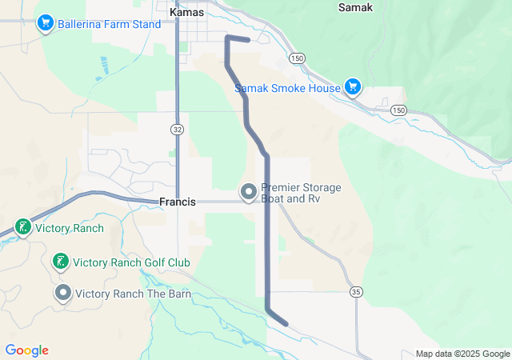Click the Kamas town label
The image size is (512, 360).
(x=187, y=13)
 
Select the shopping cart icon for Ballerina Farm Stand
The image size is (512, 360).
(x=46, y=23)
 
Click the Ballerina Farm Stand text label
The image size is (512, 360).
(x=109, y=24)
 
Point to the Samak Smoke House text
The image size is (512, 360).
(x=286, y=88)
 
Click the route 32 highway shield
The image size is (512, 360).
(x=177, y=129)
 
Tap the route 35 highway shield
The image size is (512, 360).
(x=355, y=293)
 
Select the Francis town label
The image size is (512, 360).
(x=177, y=202)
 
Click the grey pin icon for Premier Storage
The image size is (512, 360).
(x=249, y=192)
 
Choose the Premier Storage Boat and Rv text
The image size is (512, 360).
(x=301, y=193)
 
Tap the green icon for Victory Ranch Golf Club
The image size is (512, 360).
(x=60, y=262)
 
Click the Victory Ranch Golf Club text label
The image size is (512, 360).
(x=131, y=262)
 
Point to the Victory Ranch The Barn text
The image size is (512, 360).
(x=134, y=294)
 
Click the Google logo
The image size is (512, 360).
(x=26, y=350)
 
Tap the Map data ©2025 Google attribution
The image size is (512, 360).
(x=462, y=354)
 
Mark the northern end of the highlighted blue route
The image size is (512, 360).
(x=249, y=40)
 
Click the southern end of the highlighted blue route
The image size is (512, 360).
(x=286, y=324)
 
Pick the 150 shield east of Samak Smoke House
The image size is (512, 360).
(x=399, y=110)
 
